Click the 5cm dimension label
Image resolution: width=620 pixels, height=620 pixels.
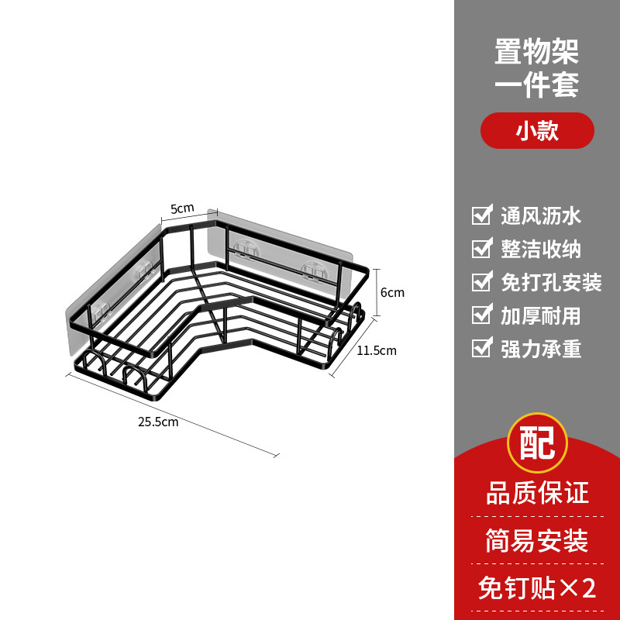(182, 208)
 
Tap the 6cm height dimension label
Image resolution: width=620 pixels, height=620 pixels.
(392, 293)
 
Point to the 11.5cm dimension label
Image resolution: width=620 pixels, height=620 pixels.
(377, 350)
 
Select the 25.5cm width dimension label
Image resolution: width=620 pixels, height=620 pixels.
(158, 422)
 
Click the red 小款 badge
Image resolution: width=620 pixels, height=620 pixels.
(537, 131)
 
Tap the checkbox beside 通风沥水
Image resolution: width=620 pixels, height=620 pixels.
(482, 215)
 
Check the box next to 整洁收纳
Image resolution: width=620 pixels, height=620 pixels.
(482, 248)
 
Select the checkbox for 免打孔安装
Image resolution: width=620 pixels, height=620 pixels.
(482, 281)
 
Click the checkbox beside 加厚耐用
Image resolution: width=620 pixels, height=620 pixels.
(482, 315)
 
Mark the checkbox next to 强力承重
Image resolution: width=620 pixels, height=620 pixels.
(482, 348)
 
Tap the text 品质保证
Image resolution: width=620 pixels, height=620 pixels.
(537, 492)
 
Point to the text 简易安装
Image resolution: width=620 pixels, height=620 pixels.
(537, 540)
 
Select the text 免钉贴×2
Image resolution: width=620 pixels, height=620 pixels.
(537, 588)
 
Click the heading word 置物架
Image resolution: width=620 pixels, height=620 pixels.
(537, 52)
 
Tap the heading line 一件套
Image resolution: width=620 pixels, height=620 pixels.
(537, 84)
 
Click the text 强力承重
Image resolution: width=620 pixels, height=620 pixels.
(541, 349)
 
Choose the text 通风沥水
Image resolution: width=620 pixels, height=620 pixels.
(541, 215)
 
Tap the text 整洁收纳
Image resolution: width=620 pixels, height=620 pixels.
(541, 249)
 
